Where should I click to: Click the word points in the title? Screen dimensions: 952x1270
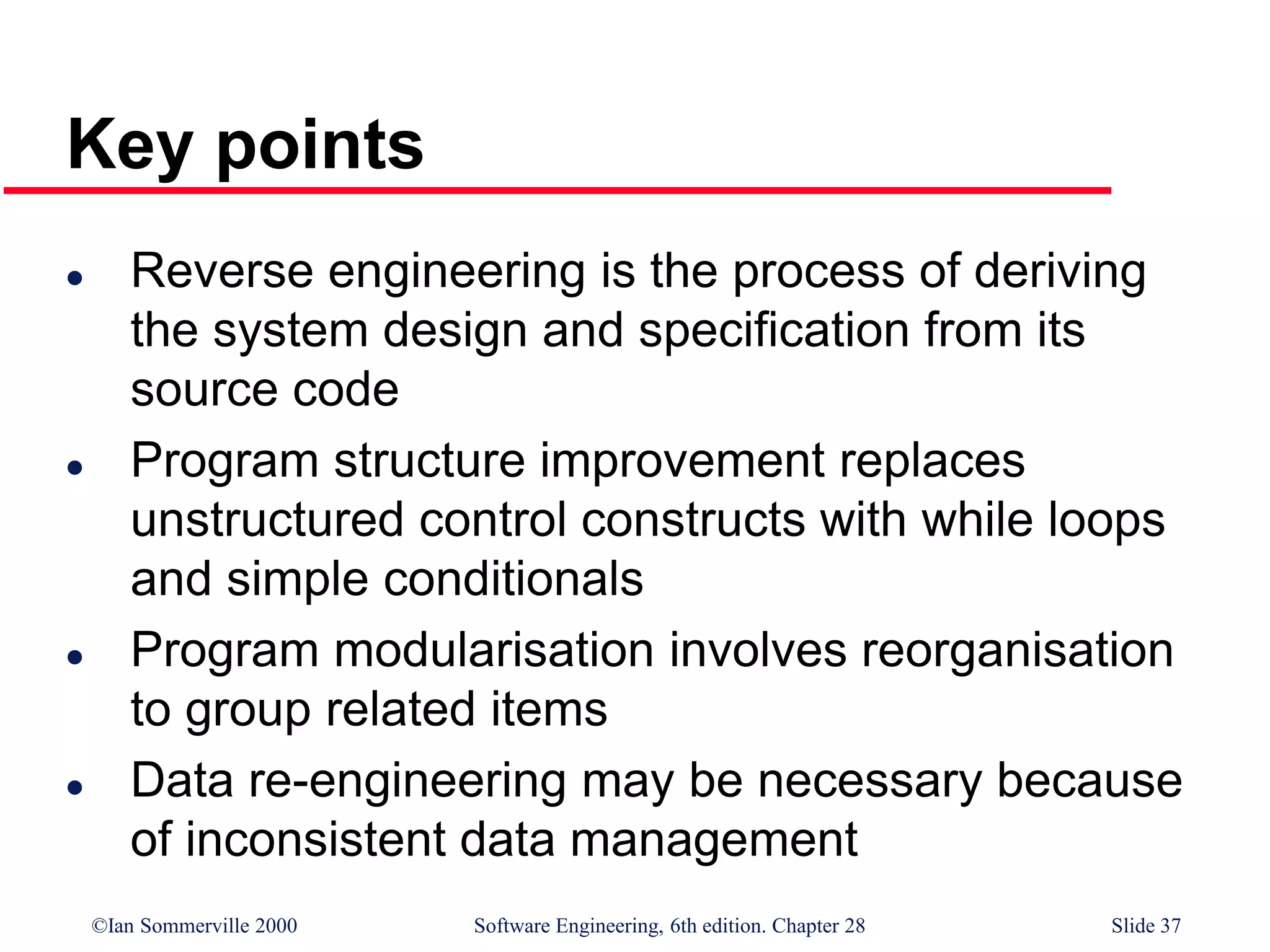(x=319, y=146)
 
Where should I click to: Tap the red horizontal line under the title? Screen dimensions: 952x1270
(x=558, y=190)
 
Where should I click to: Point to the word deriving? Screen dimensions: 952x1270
(x=1060, y=273)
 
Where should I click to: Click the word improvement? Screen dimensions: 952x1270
(x=682, y=462)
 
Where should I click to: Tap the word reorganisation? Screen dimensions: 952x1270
(x=1017, y=651)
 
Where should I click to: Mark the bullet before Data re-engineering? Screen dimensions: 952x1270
(x=75, y=787)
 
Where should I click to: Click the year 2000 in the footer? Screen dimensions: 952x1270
(x=276, y=925)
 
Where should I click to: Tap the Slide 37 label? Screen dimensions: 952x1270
(x=1145, y=925)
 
